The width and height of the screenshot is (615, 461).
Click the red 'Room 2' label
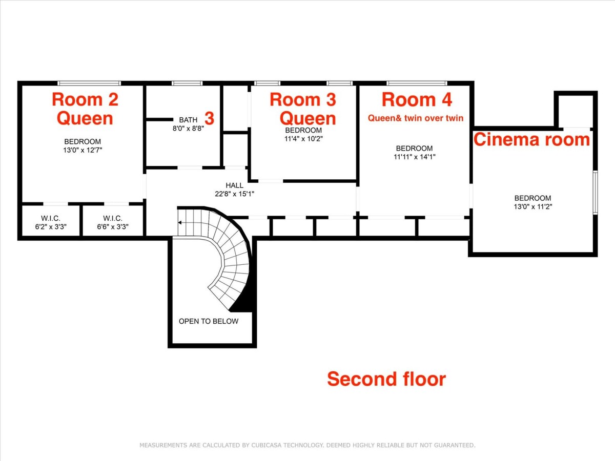tap(85, 100)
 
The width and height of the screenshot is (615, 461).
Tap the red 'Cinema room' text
tap(532, 139)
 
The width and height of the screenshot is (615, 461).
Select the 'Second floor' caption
tap(386, 379)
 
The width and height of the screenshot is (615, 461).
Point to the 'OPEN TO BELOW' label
tap(209, 321)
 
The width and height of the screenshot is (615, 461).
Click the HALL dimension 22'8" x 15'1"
tap(235, 194)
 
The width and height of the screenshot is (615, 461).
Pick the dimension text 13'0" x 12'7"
tap(83, 150)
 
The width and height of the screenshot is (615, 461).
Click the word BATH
tap(188, 120)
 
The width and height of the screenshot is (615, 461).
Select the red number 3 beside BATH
tap(209, 118)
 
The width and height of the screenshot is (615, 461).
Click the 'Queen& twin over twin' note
tap(416, 118)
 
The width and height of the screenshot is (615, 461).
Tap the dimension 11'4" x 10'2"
tap(303, 138)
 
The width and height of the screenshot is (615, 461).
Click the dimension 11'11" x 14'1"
tap(415, 157)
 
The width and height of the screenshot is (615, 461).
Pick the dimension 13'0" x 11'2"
tap(532, 206)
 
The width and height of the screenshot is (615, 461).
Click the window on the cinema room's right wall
tap(596, 192)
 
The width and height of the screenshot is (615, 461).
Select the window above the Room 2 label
tap(89, 83)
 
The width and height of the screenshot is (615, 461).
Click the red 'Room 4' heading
tap(417, 100)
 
